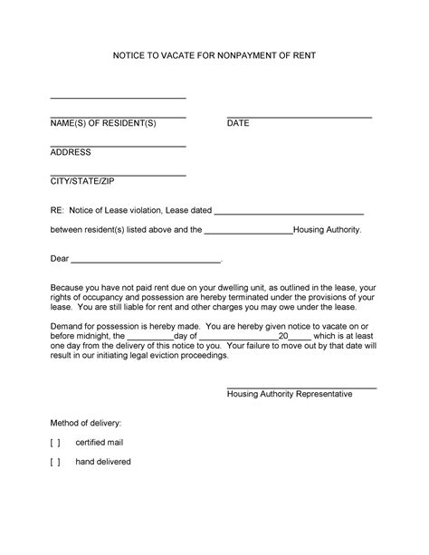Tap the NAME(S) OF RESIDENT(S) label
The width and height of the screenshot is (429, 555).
(103, 122)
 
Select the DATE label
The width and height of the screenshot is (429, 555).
(238, 122)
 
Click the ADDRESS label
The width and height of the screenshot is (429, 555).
(71, 152)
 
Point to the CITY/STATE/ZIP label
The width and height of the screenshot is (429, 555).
(82, 182)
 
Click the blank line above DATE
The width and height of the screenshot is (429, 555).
(299, 117)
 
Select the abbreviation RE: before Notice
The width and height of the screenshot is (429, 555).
(57, 210)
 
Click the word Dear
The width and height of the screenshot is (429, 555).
(60, 259)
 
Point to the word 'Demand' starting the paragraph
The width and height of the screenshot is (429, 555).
(67, 325)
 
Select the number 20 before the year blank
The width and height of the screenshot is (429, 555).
(283, 335)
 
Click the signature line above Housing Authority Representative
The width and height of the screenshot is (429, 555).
(301, 388)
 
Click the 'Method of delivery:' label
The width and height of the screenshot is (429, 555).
(86, 423)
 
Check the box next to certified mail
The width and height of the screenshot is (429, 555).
(56, 442)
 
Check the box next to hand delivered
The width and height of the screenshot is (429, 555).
(56, 462)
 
